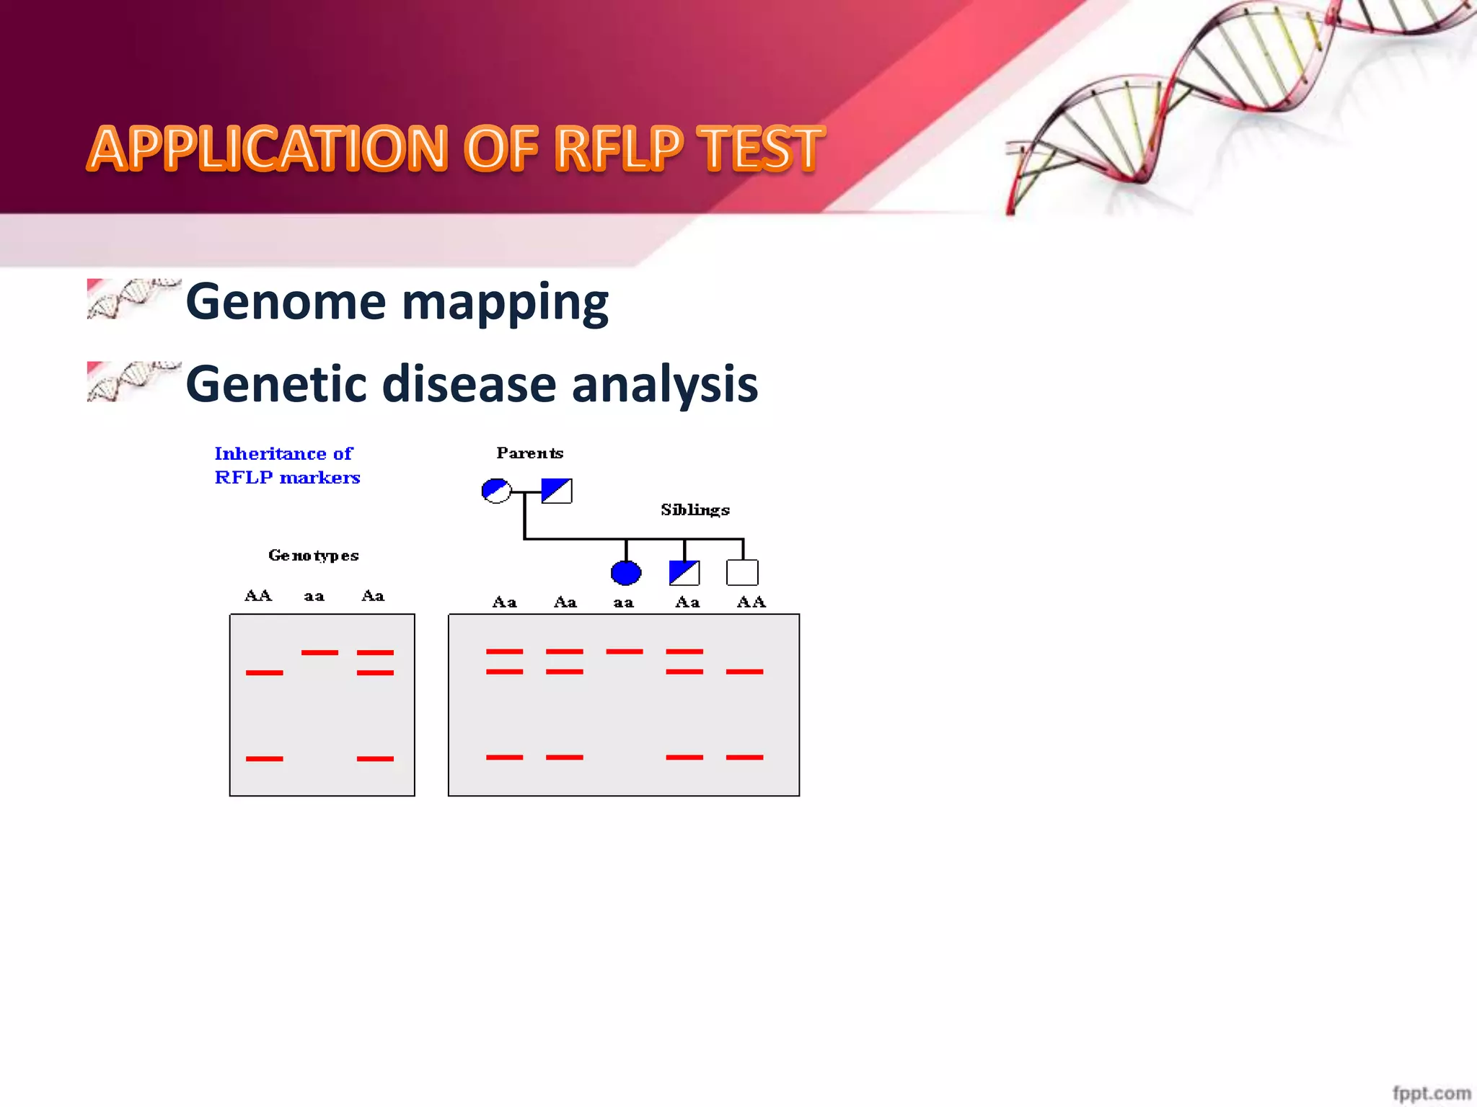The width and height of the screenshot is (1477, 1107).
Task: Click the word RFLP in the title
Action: pyautogui.click(x=618, y=148)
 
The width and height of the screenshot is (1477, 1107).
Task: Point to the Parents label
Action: pyautogui.click(x=529, y=453)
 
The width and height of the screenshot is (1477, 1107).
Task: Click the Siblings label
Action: pyautogui.click(x=695, y=510)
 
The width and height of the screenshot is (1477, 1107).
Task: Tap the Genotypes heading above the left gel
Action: pyautogui.click(x=313, y=556)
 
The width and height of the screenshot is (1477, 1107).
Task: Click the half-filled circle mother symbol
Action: pyautogui.click(x=496, y=492)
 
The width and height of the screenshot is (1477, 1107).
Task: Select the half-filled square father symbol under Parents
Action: pyautogui.click(x=557, y=491)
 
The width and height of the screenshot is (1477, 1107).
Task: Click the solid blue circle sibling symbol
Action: pyautogui.click(x=625, y=573)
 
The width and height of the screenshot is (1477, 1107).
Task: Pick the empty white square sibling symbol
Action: pyautogui.click(x=742, y=573)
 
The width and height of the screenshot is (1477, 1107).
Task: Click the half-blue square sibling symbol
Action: pyautogui.click(x=684, y=573)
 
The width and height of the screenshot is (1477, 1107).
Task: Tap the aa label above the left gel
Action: pyautogui.click(x=314, y=597)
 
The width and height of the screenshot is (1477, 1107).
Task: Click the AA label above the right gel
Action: pyautogui.click(x=751, y=603)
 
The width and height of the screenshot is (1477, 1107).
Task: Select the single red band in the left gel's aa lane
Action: pyautogui.click(x=319, y=653)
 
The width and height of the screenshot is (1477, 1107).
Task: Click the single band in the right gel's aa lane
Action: pyautogui.click(x=625, y=652)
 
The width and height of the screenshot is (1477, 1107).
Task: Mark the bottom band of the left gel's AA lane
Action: pyautogui.click(x=265, y=759)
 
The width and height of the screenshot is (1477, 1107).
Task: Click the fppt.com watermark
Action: pyautogui.click(x=1431, y=1093)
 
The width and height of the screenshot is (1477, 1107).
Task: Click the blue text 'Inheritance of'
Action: pyautogui.click(x=283, y=454)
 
